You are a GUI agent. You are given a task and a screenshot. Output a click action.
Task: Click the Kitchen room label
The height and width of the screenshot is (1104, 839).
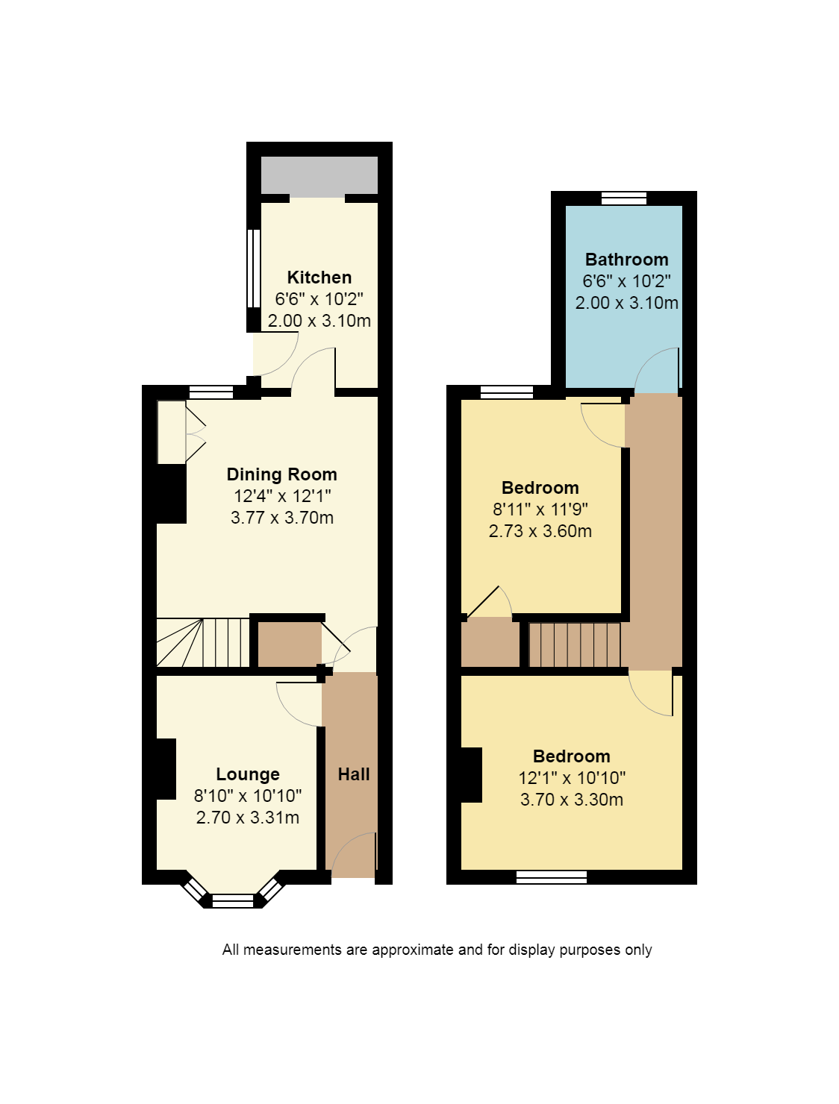pos(319,277)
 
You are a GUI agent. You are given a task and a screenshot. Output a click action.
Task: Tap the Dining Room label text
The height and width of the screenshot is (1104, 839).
pos(281,474)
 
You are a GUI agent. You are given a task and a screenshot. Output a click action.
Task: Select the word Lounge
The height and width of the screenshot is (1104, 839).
pos(248,774)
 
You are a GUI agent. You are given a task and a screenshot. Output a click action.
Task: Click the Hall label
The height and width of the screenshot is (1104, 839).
pos(353,774)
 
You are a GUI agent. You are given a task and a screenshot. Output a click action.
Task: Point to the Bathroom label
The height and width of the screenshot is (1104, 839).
pos(626,260)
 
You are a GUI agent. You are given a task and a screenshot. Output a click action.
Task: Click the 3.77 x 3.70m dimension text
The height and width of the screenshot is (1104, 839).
pos(282,518)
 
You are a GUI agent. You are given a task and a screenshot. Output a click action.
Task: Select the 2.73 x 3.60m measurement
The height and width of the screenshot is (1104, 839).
pos(540,531)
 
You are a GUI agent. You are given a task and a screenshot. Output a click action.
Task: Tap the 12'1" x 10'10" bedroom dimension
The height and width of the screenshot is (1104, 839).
pos(572,778)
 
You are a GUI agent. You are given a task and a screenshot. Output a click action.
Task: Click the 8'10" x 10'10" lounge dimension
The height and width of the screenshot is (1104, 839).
pos(248,796)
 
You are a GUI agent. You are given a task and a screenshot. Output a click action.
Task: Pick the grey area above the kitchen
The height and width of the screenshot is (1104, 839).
pos(319,175)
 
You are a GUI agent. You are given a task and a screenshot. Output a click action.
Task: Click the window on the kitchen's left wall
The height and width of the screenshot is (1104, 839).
pos(254,268)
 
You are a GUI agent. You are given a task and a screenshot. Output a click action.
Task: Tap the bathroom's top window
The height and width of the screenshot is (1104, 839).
pos(624,198)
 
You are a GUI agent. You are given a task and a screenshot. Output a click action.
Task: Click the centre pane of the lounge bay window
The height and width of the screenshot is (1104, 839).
pos(233,901)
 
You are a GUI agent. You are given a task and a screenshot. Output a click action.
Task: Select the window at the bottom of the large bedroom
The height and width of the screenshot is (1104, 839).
pos(552,877)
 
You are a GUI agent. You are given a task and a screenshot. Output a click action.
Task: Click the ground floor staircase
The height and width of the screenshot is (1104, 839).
pos(203,643)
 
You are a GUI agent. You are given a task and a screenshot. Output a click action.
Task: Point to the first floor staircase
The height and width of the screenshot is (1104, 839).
pos(574,644)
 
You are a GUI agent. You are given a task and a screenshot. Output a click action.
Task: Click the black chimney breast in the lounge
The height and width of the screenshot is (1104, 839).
pos(166,768)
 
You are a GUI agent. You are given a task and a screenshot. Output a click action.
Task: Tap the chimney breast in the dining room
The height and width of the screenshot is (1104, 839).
pos(171,494)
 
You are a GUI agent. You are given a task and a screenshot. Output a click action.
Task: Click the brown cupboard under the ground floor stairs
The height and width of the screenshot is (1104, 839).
pos(290,644)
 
